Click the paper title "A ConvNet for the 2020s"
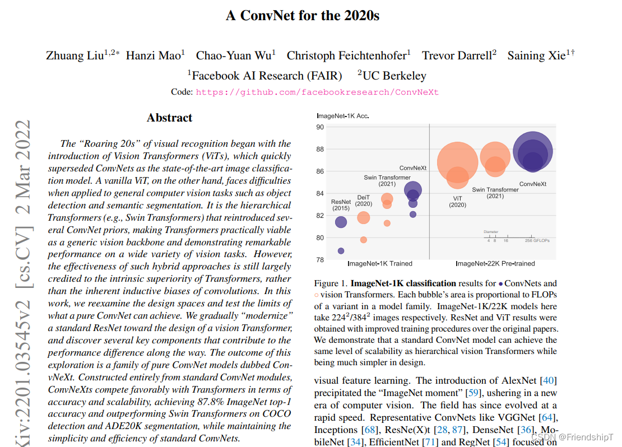point(302,16)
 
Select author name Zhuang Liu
point(75,55)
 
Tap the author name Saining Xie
point(536,55)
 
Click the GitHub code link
point(317,92)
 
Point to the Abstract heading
point(169,118)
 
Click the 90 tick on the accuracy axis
point(321,127)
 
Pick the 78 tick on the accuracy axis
point(321,259)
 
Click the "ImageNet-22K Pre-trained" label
point(495,263)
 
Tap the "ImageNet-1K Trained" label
point(379,263)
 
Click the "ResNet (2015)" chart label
point(341,205)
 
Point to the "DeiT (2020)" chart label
point(364,201)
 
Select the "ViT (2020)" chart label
point(457,202)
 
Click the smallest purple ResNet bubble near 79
point(341,251)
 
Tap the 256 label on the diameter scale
point(528,240)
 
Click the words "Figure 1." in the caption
point(331,283)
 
